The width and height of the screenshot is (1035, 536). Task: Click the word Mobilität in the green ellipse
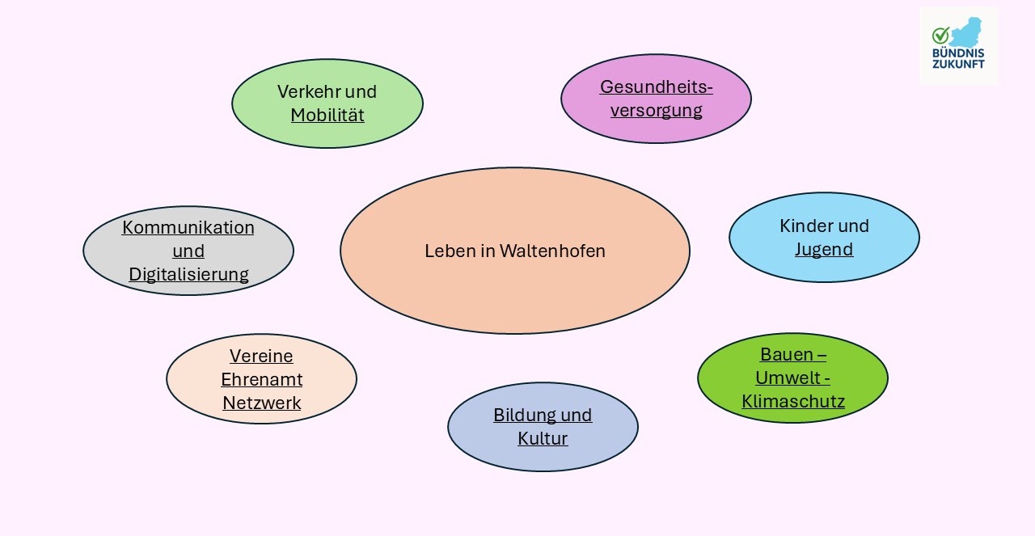click(x=327, y=115)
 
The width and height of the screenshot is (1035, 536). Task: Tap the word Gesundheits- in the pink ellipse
click(x=656, y=87)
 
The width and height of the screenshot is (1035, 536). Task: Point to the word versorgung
click(x=656, y=110)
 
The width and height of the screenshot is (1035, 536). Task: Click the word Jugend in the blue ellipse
click(x=824, y=249)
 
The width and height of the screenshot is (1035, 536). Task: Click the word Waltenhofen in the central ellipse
click(x=552, y=251)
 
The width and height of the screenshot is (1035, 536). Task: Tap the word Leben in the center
click(x=448, y=251)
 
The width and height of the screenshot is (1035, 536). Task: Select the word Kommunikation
click(x=188, y=227)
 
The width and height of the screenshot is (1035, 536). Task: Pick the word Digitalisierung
click(x=188, y=274)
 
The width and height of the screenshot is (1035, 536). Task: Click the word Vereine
click(x=261, y=356)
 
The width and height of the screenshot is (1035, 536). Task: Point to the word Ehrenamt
click(x=261, y=379)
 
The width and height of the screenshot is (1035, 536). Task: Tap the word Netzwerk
click(x=261, y=403)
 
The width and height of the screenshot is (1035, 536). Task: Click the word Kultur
click(x=543, y=438)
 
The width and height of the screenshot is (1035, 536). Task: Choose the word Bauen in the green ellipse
click(x=782, y=354)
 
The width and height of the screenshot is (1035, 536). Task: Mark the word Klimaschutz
click(x=793, y=401)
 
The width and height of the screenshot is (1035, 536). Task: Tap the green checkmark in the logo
click(x=940, y=36)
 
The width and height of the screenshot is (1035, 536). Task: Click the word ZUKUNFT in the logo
click(x=958, y=64)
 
